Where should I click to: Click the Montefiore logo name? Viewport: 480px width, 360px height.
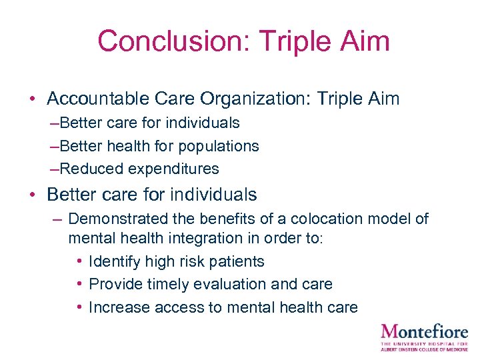pyautogui.click(x=424, y=331)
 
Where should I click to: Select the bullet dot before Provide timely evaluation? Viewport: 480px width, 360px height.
pyautogui.click(x=79, y=284)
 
